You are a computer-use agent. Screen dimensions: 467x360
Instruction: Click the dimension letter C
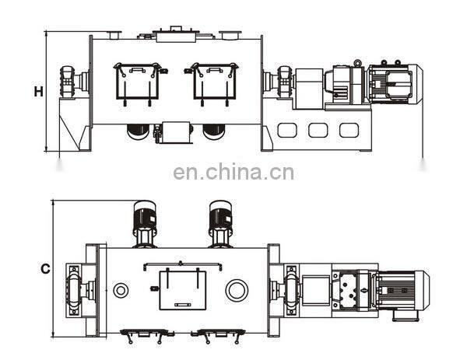point(45,269)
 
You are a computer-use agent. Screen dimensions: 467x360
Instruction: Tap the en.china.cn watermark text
point(233,172)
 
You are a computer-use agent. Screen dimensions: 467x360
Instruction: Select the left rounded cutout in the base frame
point(287,130)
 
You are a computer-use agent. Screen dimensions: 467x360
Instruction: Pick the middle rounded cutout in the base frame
point(318,130)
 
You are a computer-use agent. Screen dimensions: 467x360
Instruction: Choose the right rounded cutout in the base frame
point(348,130)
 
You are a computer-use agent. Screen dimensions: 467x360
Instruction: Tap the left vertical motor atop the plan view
point(144,223)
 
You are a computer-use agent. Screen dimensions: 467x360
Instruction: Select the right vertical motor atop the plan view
point(220,223)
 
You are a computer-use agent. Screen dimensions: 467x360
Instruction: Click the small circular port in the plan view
point(121,290)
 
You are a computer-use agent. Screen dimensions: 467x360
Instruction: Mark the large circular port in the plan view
point(236,290)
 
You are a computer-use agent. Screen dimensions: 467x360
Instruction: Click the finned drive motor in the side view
point(394,82)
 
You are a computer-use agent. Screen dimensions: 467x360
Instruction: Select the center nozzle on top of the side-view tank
point(175,33)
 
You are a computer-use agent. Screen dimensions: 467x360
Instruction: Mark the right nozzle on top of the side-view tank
point(230,34)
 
